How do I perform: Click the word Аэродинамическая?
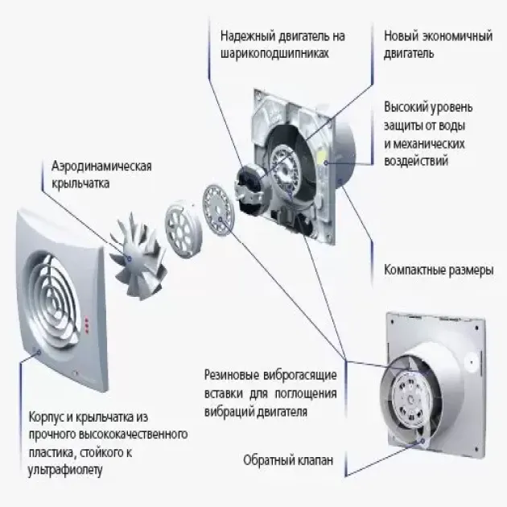pyautogui.click(x=101, y=167)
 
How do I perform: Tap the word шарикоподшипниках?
pyautogui.click(x=274, y=53)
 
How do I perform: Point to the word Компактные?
pyautogui.click(x=412, y=270)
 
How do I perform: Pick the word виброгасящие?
pyautogui.click(x=299, y=375)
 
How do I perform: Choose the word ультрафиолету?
pyautogui.click(x=65, y=471)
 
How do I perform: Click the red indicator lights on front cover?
pyautogui.click(x=86, y=324)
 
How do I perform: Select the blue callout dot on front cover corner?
pyautogui.click(x=39, y=352)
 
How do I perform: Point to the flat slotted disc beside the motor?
pyautogui.click(x=218, y=210)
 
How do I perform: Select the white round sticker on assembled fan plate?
pyautogui.click(x=471, y=362)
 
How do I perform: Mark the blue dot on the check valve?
pyautogui.click(x=422, y=441)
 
